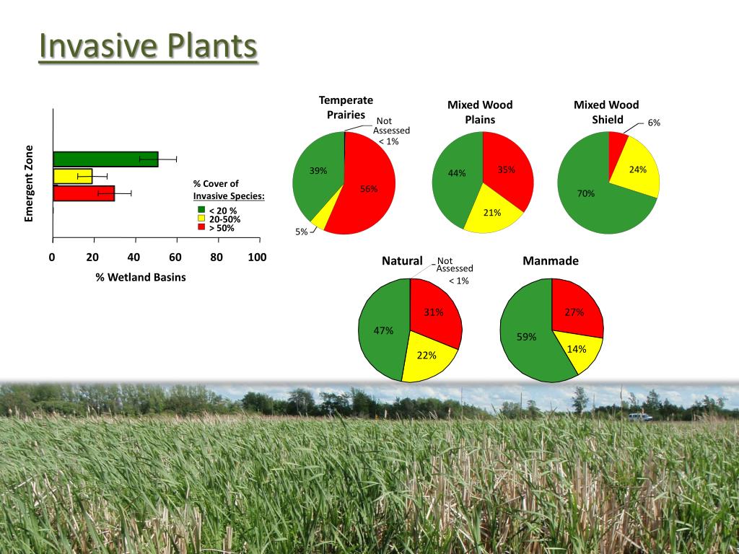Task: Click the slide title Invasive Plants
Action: (x=148, y=47)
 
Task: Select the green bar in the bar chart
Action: (x=105, y=159)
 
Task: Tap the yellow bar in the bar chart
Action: (x=73, y=176)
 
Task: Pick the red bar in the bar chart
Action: (x=84, y=193)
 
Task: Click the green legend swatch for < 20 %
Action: (x=201, y=211)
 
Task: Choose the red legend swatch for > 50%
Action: (x=201, y=228)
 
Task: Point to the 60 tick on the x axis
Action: (x=175, y=258)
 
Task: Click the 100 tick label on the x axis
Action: (x=257, y=258)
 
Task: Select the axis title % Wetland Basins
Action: (x=141, y=277)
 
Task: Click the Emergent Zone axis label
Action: (x=30, y=183)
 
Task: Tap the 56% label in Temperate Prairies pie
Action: (x=369, y=188)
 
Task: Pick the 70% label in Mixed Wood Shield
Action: (x=585, y=193)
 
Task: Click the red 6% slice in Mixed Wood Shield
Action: (x=617, y=144)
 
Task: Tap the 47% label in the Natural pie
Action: (x=383, y=330)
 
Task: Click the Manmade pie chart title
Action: (x=551, y=260)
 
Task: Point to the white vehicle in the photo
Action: (x=639, y=417)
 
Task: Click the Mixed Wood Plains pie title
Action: (x=480, y=112)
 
